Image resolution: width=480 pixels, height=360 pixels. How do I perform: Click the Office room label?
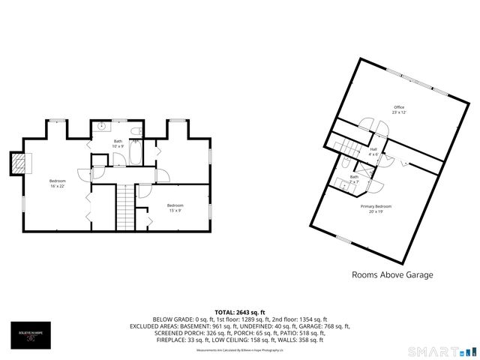coord(399,109)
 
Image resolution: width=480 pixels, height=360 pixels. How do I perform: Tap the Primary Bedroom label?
coord(379,208)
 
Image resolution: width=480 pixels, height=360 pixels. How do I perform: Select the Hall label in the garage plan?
coord(373,151)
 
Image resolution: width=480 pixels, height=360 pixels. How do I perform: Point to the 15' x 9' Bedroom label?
coord(175,208)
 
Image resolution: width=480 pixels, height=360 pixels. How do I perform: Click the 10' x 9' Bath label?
coord(118,143)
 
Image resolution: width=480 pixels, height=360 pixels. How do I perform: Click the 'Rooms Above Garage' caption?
coord(392,274)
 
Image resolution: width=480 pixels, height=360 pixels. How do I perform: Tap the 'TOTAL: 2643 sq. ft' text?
coord(240,312)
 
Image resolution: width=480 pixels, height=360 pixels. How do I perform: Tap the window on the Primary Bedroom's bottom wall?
coord(343,239)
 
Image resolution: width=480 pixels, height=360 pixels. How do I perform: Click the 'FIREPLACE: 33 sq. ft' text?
coord(180,340)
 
